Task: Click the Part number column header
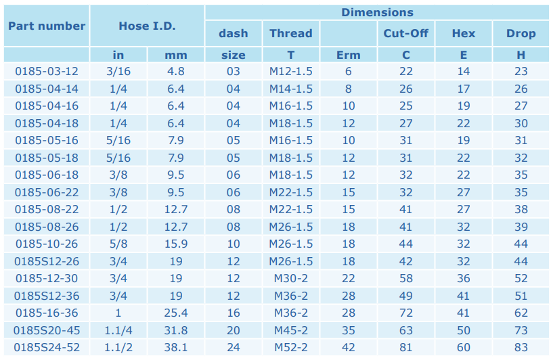point(47,26)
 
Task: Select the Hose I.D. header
point(147,26)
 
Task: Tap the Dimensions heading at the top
point(377,12)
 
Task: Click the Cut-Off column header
point(406,33)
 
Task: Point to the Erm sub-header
point(348,55)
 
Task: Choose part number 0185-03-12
point(47,71)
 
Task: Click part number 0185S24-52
point(47,347)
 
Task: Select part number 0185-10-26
point(47,244)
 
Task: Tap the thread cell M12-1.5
point(291,71)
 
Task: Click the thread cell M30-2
point(291,279)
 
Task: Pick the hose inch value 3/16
point(118,71)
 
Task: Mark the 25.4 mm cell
point(176,313)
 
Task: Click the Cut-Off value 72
point(406,313)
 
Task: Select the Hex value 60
point(464,347)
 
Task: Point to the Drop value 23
point(521,71)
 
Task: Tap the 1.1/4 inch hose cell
point(118,330)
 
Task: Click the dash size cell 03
point(234,71)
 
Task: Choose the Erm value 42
point(348,347)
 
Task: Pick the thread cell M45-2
point(291,330)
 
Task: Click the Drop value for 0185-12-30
point(521,279)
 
